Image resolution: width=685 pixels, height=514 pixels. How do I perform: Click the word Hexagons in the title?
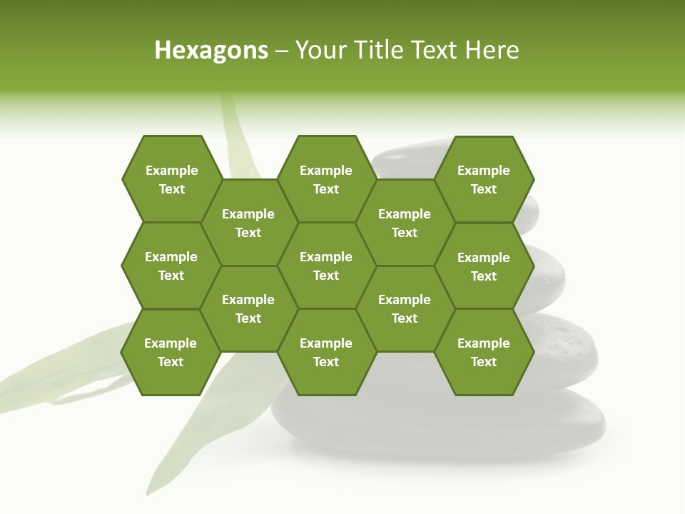[211, 50]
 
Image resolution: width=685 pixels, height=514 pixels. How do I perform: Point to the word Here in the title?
[492, 50]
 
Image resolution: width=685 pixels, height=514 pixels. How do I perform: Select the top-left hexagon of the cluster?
[171, 179]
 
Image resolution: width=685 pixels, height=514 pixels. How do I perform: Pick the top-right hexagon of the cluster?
[484, 179]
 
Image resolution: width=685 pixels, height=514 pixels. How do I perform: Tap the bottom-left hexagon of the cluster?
[171, 352]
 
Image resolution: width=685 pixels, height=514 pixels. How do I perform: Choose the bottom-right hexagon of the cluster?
[484, 352]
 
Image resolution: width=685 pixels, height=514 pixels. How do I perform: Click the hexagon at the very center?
[326, 266]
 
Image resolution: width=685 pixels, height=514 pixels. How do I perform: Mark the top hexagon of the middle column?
[326, 179]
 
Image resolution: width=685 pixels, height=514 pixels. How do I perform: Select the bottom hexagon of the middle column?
[326, 352]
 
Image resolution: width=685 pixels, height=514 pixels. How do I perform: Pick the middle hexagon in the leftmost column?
[171, 266]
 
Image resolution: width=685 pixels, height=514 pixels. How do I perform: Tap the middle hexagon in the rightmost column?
[484, 266]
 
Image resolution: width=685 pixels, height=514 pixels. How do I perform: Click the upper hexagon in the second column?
[248, 223]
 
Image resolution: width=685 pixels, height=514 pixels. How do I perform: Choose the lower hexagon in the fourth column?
[405, 308]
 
